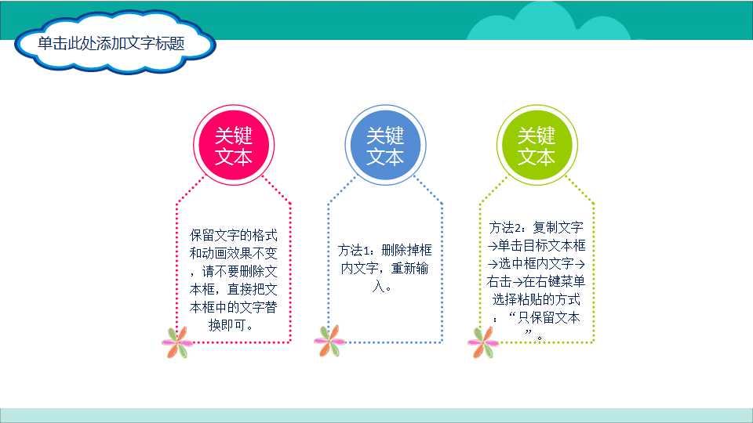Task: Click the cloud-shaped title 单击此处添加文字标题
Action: click(111, 44)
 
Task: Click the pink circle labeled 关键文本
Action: click(233, 146)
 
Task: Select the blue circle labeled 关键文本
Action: click(384, 146)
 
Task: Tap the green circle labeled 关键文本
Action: click(536, 146)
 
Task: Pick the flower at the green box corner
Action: click(483, 342)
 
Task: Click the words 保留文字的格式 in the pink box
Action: click(233, 235)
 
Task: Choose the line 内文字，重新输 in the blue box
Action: click(384, 269)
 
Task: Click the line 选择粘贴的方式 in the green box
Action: click(536, 299)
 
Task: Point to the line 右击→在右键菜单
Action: click(536, 281)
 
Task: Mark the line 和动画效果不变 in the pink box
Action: click(233, 253)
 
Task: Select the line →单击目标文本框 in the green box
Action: click(536, 245)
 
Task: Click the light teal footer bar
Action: click(376, 415)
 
